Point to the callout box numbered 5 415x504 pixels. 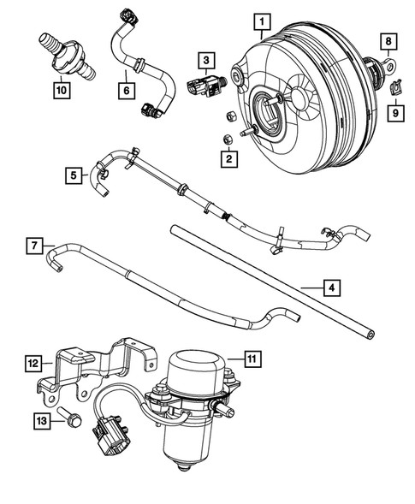tap(75, 175)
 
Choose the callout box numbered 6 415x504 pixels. tap(125, 86)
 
